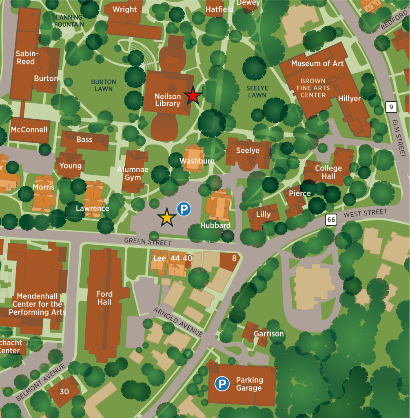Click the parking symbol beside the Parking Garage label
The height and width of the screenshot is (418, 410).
tap(222, 384)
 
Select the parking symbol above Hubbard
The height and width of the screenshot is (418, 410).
tap(184, 210)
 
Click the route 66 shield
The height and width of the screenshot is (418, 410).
tap(331, 220)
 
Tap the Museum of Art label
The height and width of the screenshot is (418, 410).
tap(317, 63)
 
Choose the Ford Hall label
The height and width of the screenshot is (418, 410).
tap(104, 298)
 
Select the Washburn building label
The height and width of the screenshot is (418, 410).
tap(197, 161)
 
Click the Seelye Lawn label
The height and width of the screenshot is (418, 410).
tap(257, 91)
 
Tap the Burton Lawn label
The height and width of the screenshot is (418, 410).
tap(104, 85)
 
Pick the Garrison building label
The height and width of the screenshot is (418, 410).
tap(268, 334)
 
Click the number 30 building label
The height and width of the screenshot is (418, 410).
tap(64, 391)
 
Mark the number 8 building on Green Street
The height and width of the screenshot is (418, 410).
tap(234, 258)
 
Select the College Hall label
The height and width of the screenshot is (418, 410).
tap(328, 172)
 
